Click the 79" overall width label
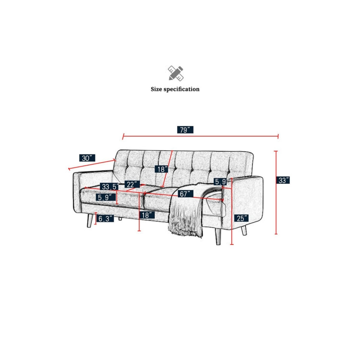(x=185, y=130)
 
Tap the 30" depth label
(x=87, y=158)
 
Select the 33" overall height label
(x=283, y=180)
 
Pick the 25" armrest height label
(x=241, y=218)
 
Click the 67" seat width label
(x=185, y=194)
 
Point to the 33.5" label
(x=109, y=186)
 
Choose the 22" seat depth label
(x=132, y=184)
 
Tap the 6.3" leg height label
(x=105, y=218)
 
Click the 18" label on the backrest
(x=161, y=169)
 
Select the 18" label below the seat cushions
(x=147, y=215)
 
